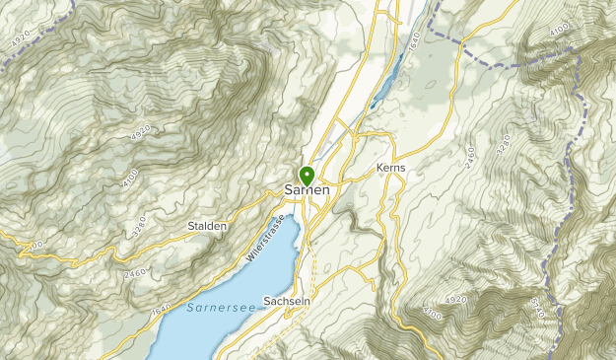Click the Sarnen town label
[x=307, y=189]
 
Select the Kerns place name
[x=391, y=169]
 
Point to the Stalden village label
[x=207, y=226]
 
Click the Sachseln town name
[x=288, y=302]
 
